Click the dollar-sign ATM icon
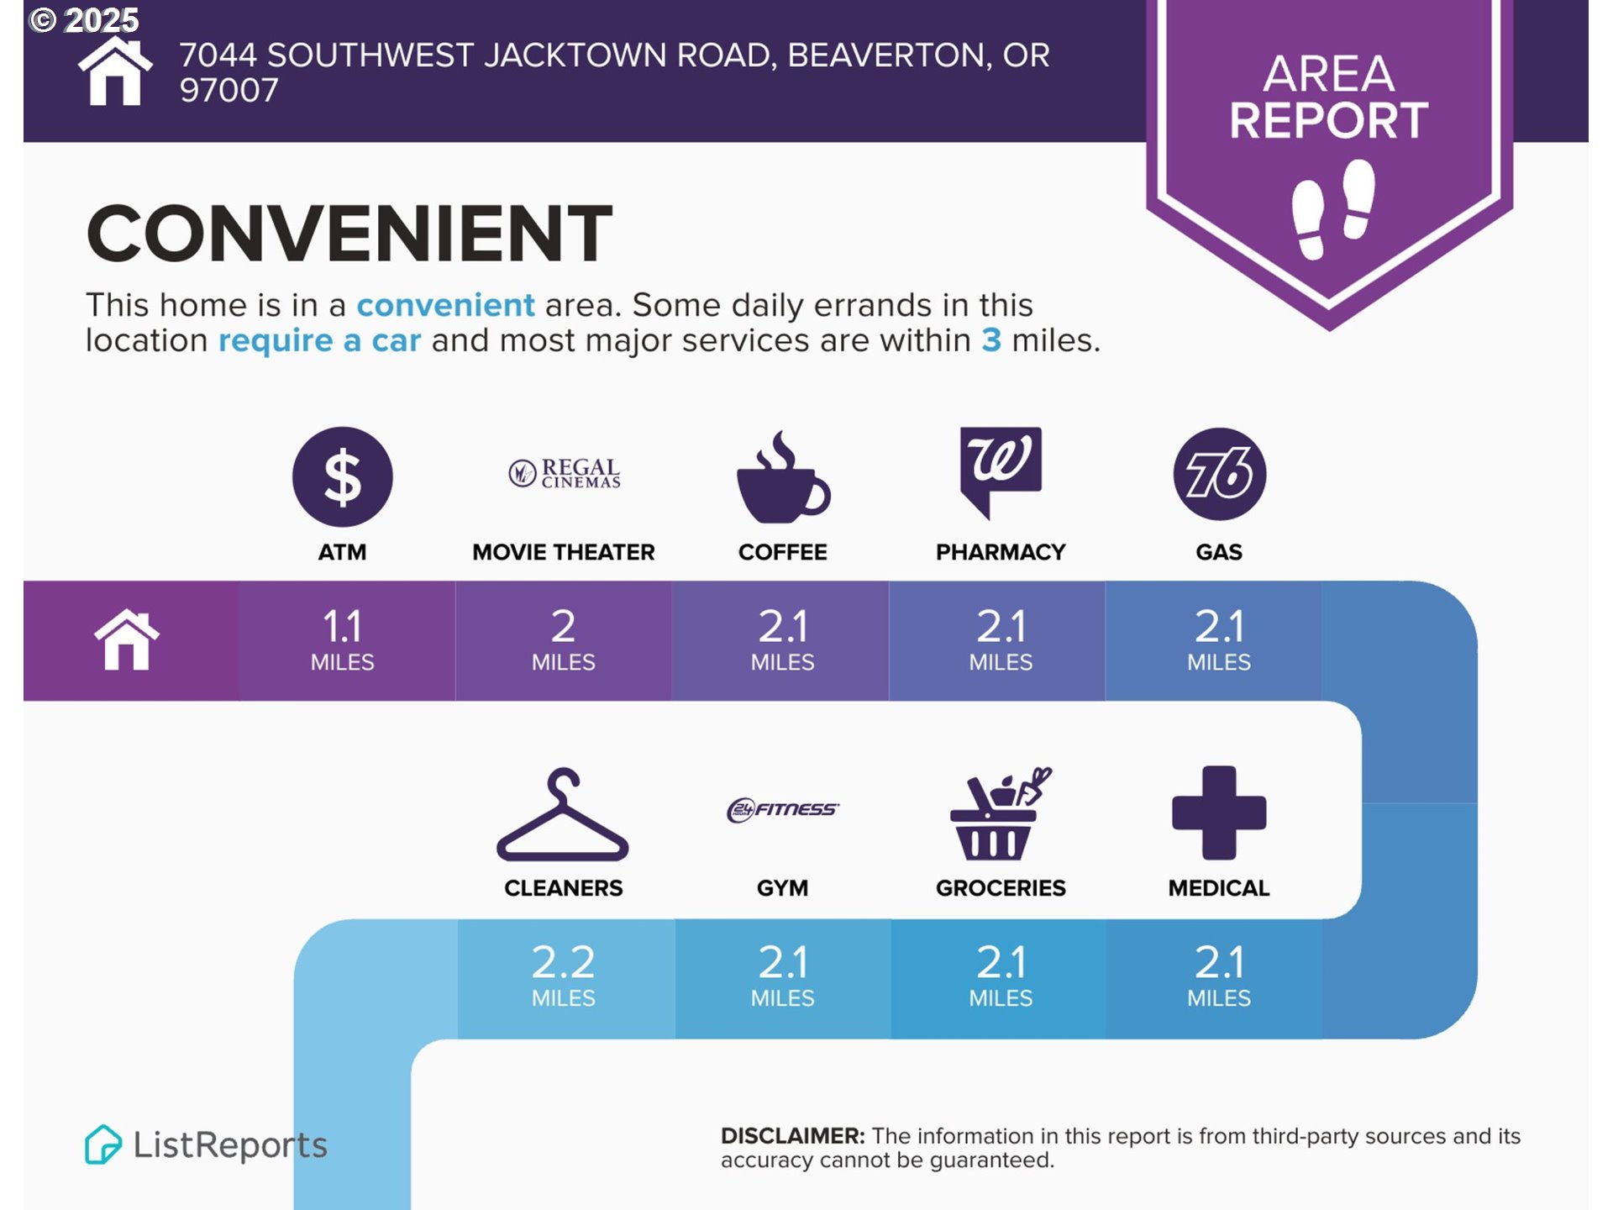[x=342, y=476]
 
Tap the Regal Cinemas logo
[x=565, y=473]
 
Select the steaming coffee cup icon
[x=783, y=476]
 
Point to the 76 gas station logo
[x=1220, y=475]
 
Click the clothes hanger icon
[x=563, y=814]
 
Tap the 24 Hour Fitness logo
[x=783, y=809]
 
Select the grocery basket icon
[x=1001, y=813]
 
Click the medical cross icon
[x=1219, y=813]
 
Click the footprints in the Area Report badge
[x=1333, y=209]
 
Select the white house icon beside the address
[x=115, y=71]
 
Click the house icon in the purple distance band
[x=127, y=639]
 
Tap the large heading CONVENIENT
[x=349, y=233]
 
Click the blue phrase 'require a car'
[x=319, y=340]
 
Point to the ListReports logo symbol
[x=103, y=1144]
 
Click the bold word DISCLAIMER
[x=792, y=1136]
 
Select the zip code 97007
[x=229, y=91]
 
